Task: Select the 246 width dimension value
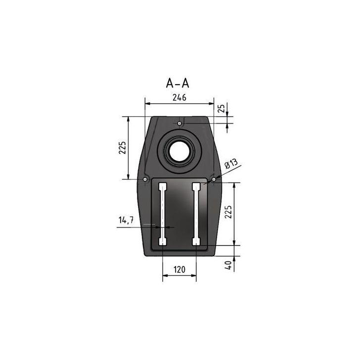coord(179,97)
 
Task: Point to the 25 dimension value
coord(222,108)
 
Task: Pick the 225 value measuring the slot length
coord(228,213)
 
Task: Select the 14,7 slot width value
coord(126,220)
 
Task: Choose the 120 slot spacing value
coord(179,270)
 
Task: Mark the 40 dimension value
coord(228,265)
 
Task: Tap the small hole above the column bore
coord(180,123)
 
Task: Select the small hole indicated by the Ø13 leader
coord(213,179)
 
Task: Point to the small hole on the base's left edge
coord(144,179)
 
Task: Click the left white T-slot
coord(162,214)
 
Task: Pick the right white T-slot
coord(196,214)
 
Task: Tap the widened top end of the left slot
coord(162,186)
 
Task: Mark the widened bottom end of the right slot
coord(196,241)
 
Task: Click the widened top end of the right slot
coord(196,186)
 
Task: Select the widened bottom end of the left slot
coord(162,241)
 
